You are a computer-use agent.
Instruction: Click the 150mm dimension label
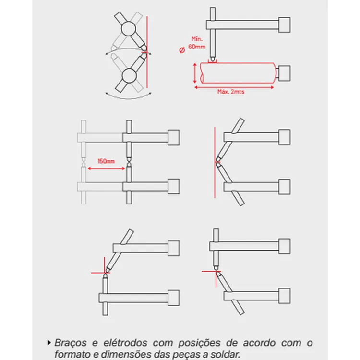(x=105, y=161)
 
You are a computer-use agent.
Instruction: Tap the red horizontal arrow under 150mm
(x=105, y=167)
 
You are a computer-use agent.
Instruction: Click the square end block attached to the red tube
(x=284, y=73)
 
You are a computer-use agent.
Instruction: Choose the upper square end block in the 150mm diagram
(x=174, y=137)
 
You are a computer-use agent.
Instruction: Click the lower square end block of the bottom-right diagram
(x=284, y=294)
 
